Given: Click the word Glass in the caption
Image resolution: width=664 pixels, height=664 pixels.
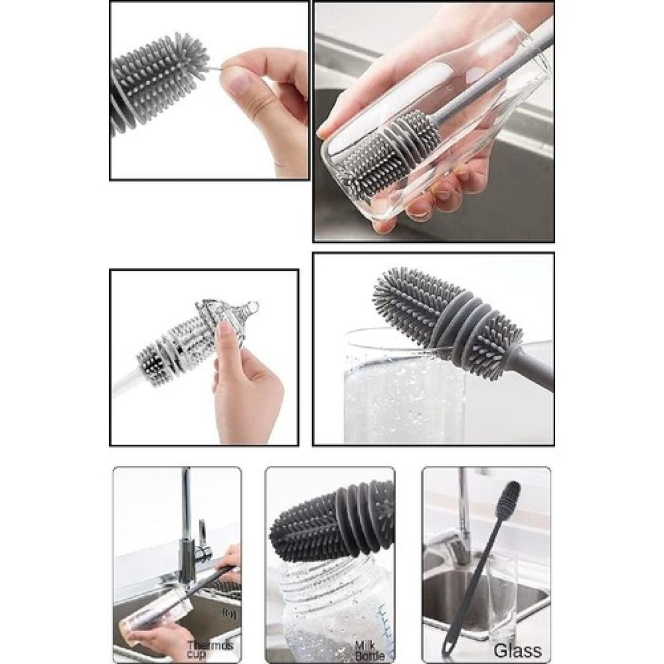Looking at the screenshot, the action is tap(517, 650).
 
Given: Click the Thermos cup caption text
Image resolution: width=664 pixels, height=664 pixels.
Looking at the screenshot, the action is tap(210, 650).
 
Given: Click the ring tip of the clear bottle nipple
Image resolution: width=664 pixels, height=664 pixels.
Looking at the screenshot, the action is tap(253, 305).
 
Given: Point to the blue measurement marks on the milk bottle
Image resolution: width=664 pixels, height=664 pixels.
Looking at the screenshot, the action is tap(386, 623).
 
